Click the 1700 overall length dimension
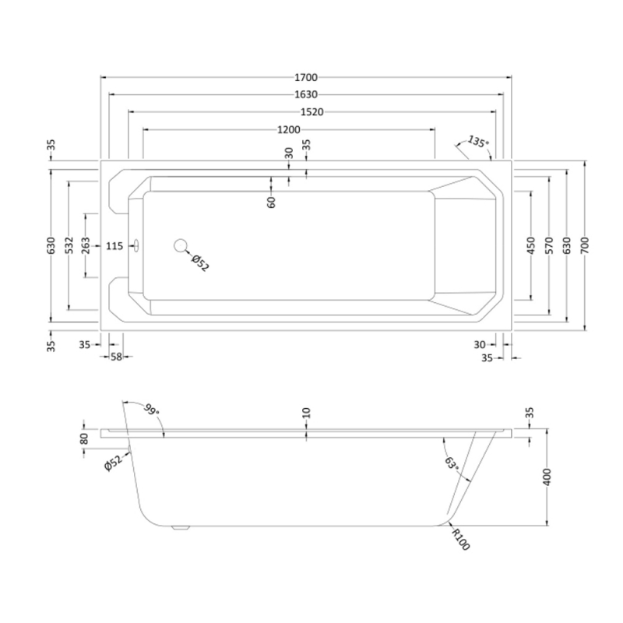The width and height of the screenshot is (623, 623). pos(306,77)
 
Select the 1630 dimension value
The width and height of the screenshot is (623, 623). pos(306,94)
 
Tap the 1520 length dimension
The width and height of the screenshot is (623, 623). pos(312,112)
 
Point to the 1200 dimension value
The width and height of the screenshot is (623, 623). pos(289,129)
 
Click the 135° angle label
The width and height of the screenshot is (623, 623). pos(477,142)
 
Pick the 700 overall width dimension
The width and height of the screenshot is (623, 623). pos(585,245)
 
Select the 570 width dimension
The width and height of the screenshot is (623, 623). pos(549,245)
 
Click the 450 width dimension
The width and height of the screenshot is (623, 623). pos(531,245)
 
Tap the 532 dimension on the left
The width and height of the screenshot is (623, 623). pos(69,245)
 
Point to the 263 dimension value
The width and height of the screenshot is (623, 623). pos(86,245)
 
